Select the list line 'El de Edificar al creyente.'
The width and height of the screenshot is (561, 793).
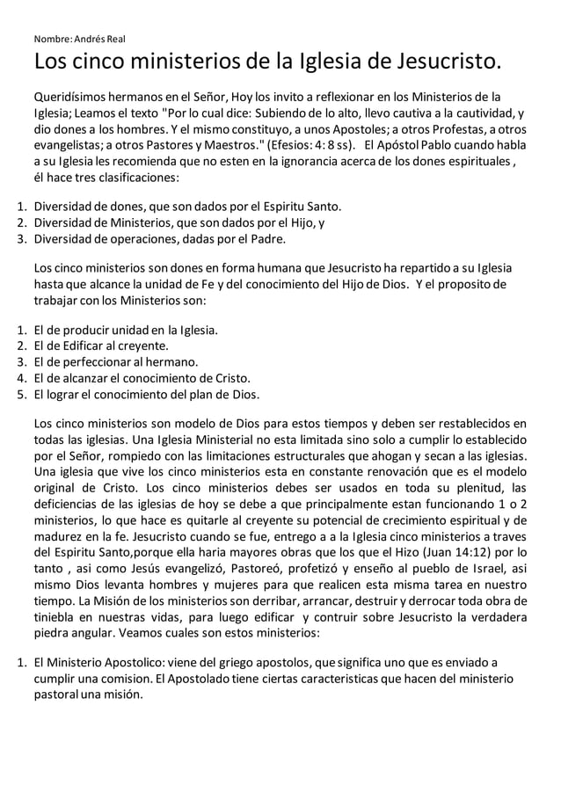pyautogui.click(x=100, y=346)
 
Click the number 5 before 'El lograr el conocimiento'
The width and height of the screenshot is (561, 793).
pyautogui.click(x=21, y=393)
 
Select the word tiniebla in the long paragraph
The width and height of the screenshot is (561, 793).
pyautogui.click(x=54, y=616)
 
